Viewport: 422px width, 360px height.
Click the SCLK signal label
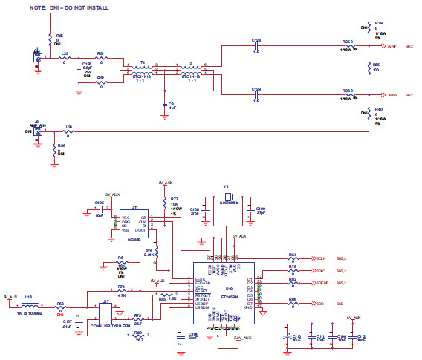321,258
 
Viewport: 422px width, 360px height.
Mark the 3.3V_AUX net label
243,338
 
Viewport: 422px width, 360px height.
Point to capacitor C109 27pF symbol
252,210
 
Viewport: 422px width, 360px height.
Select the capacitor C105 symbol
99,211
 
